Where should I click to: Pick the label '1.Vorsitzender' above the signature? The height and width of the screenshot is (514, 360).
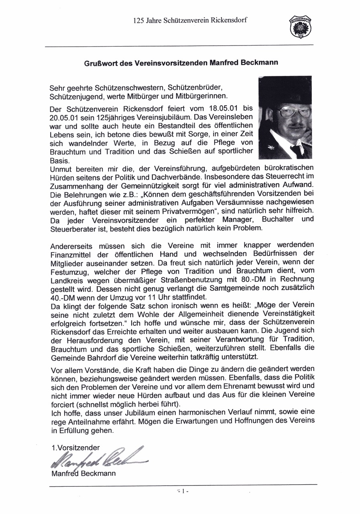coord(75,447)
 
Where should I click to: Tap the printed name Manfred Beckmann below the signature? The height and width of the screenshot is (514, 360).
coord(83,473)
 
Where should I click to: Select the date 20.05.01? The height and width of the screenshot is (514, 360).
coord(64,118)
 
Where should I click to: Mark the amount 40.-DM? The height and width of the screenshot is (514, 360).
coord(64,297)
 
